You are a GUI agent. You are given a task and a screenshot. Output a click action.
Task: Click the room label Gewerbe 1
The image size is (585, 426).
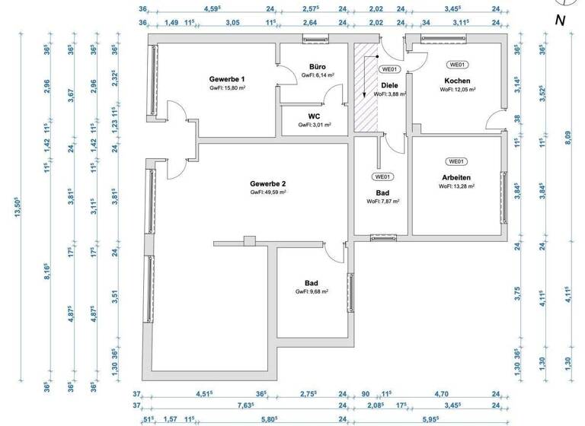(x=227, y=79)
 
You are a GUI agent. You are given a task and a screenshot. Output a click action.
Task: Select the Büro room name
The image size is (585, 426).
(x=318, y=67)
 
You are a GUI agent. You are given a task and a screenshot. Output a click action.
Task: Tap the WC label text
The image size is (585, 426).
(x=313, y=116)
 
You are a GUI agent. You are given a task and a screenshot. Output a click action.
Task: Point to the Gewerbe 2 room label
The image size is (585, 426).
(x=268, y=184)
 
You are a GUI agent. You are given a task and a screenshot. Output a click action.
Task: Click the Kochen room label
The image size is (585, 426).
(x=457, y=81)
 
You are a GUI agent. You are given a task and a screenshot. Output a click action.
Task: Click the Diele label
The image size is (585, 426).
(x=390, y=85)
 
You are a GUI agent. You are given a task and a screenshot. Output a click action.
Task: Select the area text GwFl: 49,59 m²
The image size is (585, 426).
(x=268, y=193)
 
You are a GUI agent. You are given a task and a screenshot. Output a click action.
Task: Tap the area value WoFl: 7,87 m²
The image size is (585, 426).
(x=383, y=202)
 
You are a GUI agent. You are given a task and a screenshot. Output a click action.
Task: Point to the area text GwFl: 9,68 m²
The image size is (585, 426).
(x=312, y=291)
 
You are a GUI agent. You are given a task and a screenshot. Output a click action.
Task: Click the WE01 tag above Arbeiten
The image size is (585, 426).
(x=457, y=161)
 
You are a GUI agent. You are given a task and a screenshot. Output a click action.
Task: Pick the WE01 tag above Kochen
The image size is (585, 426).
(x=457, y=65)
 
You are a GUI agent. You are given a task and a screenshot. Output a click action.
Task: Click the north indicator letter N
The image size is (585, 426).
(x=560, y=21)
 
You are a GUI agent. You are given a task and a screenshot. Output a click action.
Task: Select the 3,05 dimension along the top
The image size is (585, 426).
(x=232, y=23)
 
